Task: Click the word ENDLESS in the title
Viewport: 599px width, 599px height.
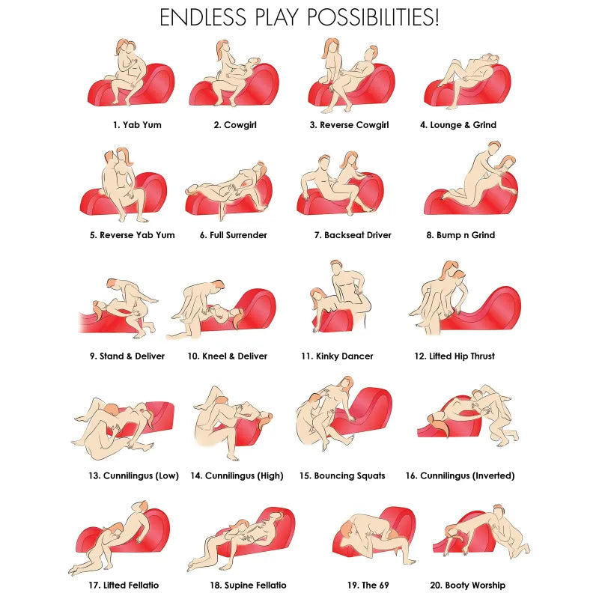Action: [203, 17]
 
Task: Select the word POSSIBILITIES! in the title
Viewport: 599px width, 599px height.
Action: [373, 17]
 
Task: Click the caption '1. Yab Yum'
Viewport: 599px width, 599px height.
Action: [137, 125]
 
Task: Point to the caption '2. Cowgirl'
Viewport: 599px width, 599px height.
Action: [235, 125]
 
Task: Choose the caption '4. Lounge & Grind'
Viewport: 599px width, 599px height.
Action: [458, 125]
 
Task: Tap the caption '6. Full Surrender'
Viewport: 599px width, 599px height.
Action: [233, 235]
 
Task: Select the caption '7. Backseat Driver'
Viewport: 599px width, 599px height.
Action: [353, 235]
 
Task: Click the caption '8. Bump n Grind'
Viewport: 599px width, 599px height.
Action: [460, 235]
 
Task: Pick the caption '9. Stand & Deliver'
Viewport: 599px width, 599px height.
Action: [127, 356]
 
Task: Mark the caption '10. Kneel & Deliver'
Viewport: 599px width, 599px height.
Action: [228, 356]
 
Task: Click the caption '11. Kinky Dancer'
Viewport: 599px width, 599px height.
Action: [337, 356]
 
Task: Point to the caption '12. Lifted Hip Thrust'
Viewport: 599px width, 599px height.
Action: [454, 356]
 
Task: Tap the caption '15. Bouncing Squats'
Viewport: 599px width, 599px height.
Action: [342, 475]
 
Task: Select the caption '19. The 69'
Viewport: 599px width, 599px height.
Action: [368, 586]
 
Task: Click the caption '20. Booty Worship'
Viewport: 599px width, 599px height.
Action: [467, 586]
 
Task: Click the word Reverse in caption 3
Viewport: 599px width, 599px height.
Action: [335, 125]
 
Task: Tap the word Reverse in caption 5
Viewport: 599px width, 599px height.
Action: [116, 235]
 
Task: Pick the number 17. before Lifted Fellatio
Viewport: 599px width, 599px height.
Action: [94, 586]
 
